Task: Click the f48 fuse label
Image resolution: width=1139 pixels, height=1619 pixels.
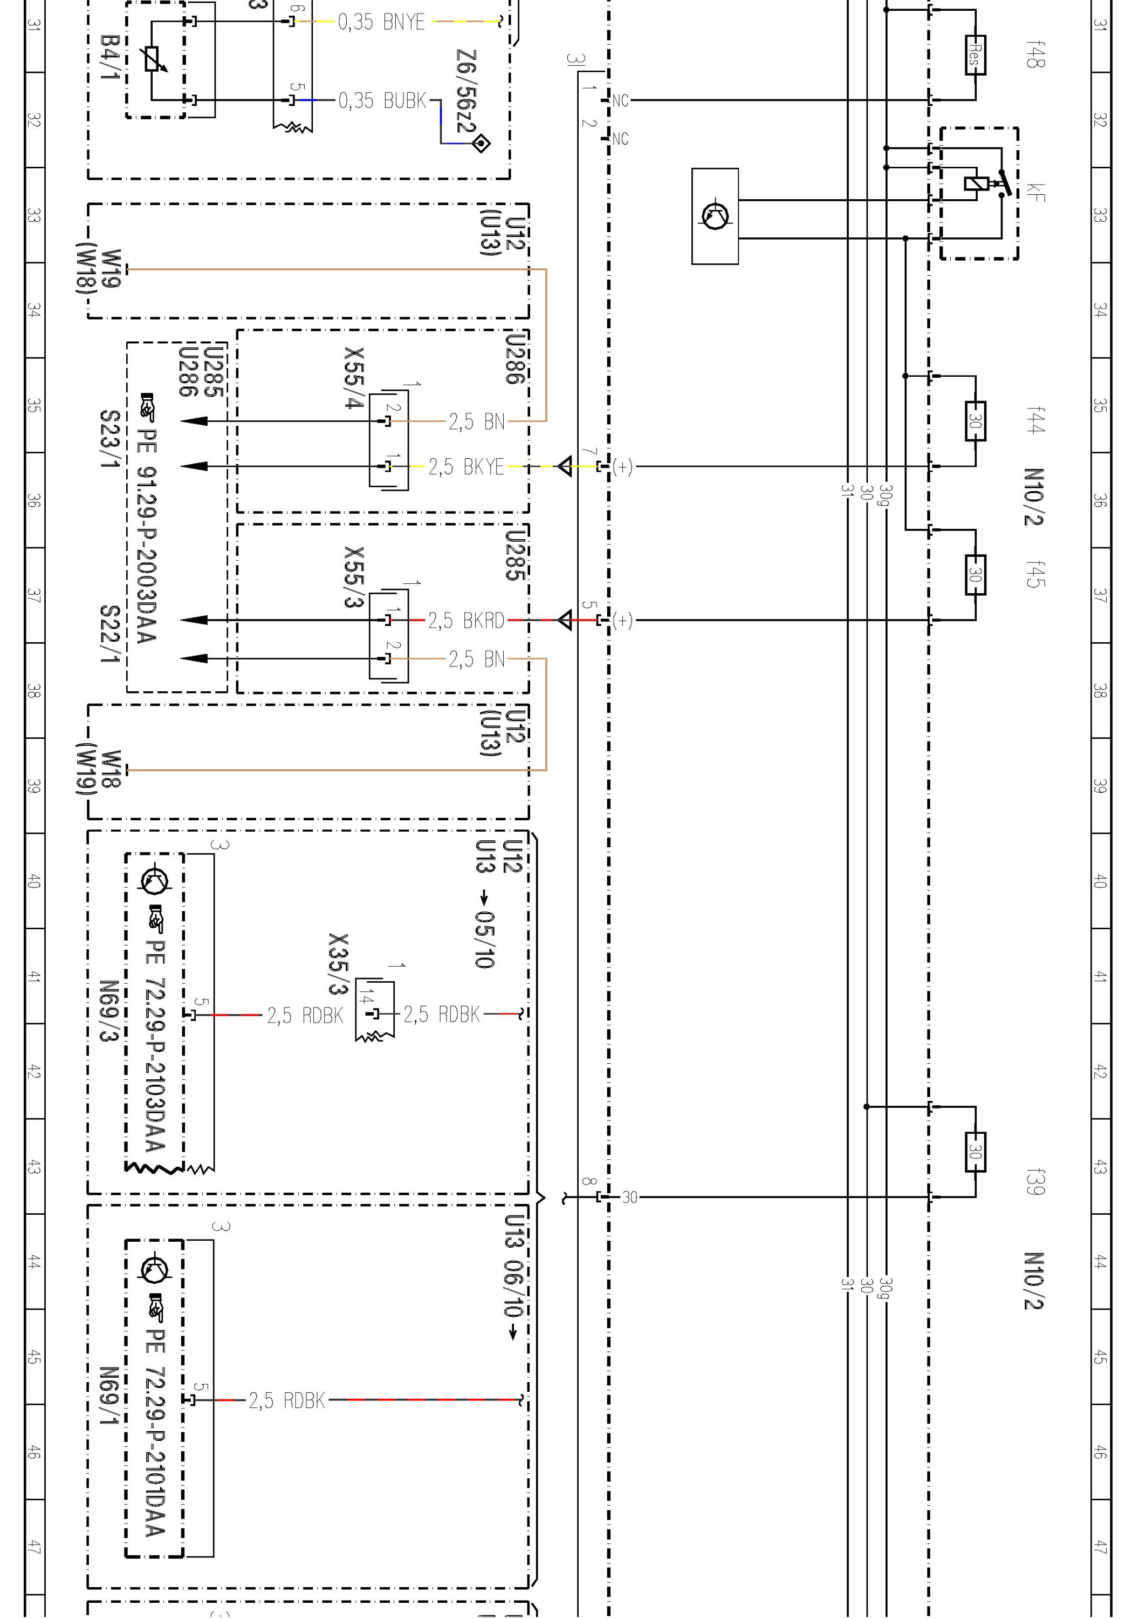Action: [1035, 55]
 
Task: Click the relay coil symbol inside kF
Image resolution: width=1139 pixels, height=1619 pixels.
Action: [973, 184]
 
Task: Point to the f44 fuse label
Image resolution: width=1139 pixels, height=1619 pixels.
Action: [1035, 420]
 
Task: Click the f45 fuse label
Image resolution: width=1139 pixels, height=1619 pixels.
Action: [1035, 574]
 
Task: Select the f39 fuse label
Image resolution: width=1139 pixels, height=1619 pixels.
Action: [1035, 1182]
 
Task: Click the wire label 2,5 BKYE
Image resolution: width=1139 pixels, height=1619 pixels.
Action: [466, 467]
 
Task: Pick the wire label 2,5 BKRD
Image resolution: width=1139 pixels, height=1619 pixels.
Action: [466, 621]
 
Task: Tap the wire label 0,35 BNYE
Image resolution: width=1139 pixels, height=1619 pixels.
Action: [381, 23]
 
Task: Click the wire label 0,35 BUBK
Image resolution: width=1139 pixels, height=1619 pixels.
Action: [382, 101]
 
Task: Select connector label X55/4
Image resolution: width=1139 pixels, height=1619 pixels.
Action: [354, 377]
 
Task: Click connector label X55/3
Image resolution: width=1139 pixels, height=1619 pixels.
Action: [354, 576]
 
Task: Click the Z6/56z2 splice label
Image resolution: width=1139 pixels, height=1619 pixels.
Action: [466, 92]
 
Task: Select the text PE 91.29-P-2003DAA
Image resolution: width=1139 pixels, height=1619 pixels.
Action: [148, 536]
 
